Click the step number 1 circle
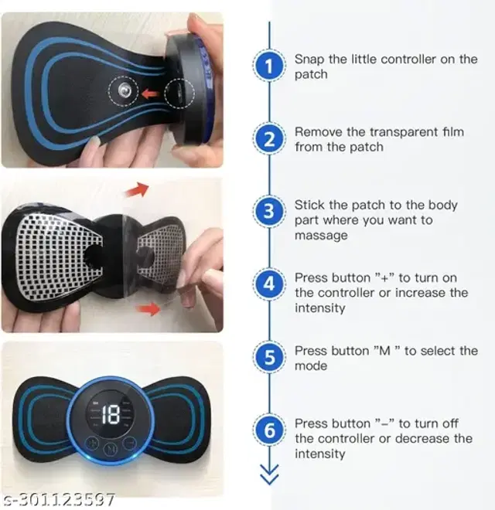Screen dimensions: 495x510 pyautogui.click(x=269, y=66)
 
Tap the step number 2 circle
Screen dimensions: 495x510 pyautogui.click(x=269, y=139)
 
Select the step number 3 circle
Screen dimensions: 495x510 pyautogui.click(x=269, y=211)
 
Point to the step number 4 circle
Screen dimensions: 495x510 pyautogui.click(x=269, y=284)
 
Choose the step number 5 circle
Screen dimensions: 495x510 pyautogui.click(x=269, y=357)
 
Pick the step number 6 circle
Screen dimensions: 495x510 pyautogui.click(x=269, y=430)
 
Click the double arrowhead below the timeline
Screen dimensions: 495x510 pyautogui.click(x=269, y=475)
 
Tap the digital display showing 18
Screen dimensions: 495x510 pyautogui.click(x=110, y=415)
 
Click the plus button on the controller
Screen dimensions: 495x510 pyautogui.click(x=92, y=443)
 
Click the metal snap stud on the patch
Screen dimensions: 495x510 pyautogui.click(x=124, y=90)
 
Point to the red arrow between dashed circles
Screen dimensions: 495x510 pyautogui.click(x=151, y=94)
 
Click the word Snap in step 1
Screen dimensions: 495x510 pyautogui.click(x=309, y=60)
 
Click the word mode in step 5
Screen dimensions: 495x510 pyautogui.click(x=311, y=365)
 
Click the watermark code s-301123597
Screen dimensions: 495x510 pyautogui.click(x=59, y=499)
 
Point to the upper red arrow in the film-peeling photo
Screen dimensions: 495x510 pyautogui.click(x=137, y=189)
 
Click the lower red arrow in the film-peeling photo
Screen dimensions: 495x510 pyautogui.click(x=148, y=309)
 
